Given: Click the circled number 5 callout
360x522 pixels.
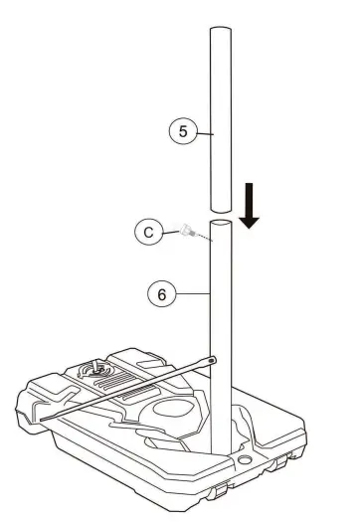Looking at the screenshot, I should [x=181, y=130].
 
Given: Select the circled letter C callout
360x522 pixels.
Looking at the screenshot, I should [x=147, y=232].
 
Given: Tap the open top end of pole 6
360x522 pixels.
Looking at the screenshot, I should [x=225, y=224].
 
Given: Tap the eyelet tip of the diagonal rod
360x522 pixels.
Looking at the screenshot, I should [x=214, y=356].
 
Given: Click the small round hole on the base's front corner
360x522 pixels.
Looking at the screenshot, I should [x=245, y=462].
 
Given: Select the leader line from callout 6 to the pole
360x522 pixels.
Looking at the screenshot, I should [x=192, y=293].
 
